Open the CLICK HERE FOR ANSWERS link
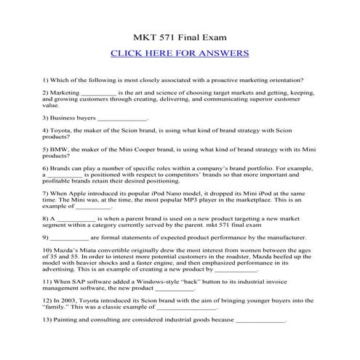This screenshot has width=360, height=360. [x=180, y=53]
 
